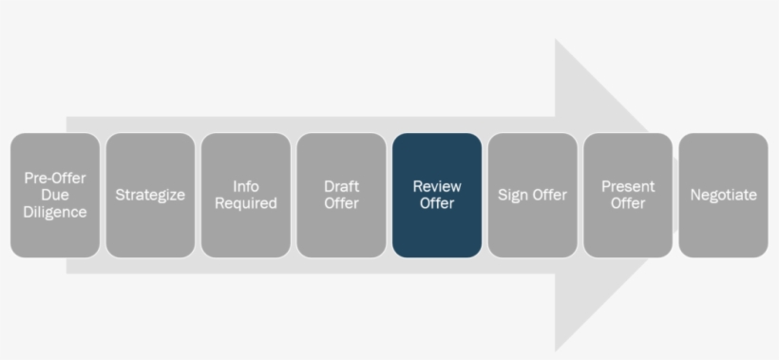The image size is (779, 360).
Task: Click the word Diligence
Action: pos(55,212)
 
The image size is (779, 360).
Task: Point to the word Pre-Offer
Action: pos(55,178)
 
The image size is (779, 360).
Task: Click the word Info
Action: pos(246,186)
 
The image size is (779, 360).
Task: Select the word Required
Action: pos(246,203)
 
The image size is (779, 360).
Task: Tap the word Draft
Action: pos(341,186)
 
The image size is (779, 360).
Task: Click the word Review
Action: pos(437,186)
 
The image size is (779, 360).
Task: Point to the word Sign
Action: pos(513,195)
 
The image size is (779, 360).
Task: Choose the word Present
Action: pos(628,186)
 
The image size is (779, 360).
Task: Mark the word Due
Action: pos(55,195)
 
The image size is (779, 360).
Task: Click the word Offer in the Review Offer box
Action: pos(437,203)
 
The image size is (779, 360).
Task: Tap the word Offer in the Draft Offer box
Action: pos(341,203)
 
